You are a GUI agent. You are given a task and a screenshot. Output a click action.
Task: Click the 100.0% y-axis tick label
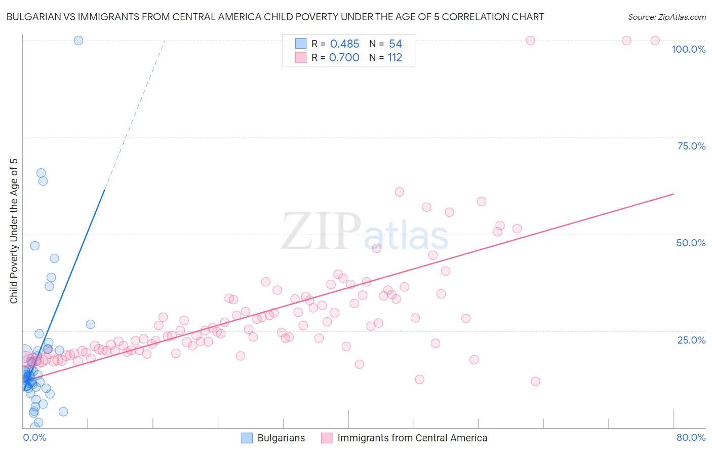tap(688, 49)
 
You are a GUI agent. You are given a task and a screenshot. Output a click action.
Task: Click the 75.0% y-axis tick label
tap(691, 146)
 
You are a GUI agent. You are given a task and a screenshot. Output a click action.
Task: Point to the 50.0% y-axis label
tap(691, 243)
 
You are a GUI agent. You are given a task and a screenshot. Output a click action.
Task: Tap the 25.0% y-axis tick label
tap(691, 340)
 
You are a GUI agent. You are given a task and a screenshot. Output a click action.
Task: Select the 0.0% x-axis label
tap(34, 437)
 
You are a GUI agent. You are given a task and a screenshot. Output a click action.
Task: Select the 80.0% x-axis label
tap(691, 437)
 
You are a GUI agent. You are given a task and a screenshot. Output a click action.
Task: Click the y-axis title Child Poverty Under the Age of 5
tap(14, 231)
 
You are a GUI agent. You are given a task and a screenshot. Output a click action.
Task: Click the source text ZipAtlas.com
tap(666, 17)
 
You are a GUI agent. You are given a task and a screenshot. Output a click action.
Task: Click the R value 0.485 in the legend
tap(344, 44)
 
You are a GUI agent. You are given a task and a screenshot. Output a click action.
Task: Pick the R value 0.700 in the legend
tap(344, 58)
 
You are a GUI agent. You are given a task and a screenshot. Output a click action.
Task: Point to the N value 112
tap(395, 58)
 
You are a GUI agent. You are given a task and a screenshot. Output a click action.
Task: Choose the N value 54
tap(395, 44)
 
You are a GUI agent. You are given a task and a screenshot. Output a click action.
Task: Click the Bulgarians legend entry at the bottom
tap(281, 438)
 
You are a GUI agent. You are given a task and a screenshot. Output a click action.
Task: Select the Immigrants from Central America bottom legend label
tap(412, 438)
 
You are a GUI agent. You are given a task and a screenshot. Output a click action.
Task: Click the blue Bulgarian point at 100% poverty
tap(78, 41)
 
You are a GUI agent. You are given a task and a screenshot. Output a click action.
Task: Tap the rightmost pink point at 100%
tap(655, 41)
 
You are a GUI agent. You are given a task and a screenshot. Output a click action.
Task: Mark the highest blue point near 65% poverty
tap(41, 173)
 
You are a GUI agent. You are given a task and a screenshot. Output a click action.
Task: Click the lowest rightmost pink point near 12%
tap(535, 381)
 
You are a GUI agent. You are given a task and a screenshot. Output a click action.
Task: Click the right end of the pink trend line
tap(674, 194)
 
